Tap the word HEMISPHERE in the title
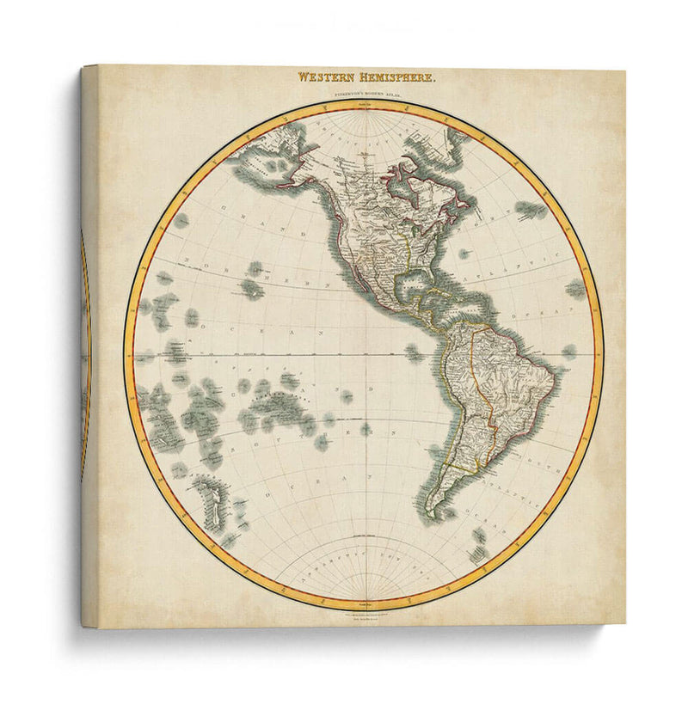click(x=396, y=77)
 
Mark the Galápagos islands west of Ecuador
click(x=415, y=352)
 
